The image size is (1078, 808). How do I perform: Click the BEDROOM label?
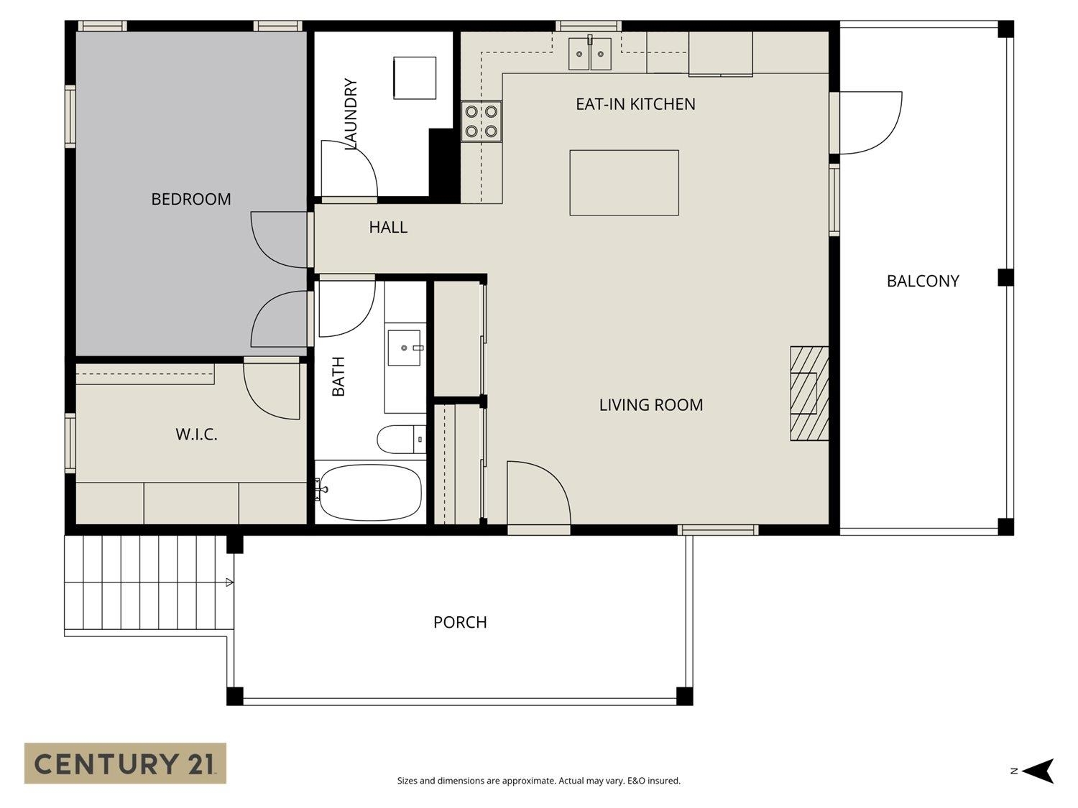[x=190, y=199]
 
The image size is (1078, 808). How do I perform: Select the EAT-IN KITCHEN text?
[x=635, y=104]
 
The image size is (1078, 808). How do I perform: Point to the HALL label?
[x=388, y=227]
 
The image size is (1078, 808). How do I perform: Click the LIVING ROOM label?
[x=650, y=405]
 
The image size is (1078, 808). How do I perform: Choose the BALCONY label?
[x=923, y=281]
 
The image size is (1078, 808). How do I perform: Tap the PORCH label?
[x=460, y=622]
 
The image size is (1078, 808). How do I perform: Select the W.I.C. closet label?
[x=196, y=435]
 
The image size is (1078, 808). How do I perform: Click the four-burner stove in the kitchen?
[x=482, y=121]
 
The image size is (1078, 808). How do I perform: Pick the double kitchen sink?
[x=589, y=54]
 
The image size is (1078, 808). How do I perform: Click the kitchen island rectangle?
[x=624, y=182]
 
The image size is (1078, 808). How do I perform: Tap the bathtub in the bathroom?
[x=369, y=492]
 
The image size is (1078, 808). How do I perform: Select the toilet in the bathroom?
[x=400, y=440]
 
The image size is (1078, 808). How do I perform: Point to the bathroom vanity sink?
[x=405, y=348]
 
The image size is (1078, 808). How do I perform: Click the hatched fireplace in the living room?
[x=809, y=394]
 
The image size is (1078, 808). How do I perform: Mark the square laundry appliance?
[x=415, y=78]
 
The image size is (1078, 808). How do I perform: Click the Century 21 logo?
[x=125, y=763]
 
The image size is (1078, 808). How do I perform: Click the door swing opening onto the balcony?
[x=870, y=123]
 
